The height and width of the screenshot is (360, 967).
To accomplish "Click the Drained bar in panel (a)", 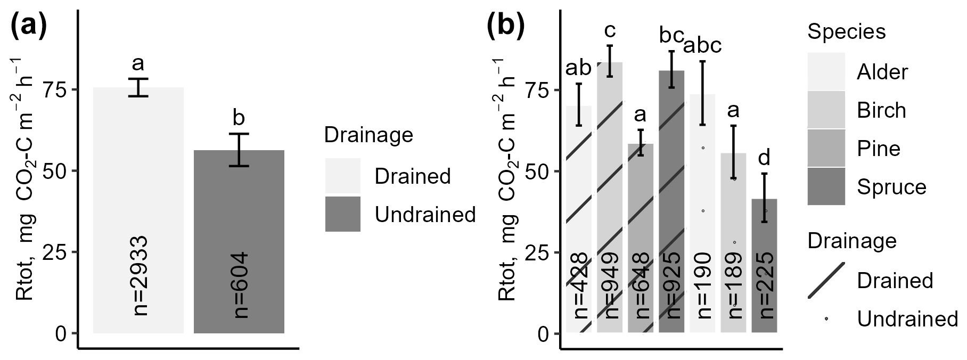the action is tap(138, 210).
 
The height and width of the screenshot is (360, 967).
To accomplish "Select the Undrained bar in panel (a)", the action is tap(239, 242).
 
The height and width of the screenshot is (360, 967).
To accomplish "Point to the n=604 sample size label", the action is tap(240, 285).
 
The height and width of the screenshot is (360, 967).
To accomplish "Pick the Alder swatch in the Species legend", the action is tap(826, 71).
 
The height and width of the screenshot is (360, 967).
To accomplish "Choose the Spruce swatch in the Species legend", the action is tap(826, 186).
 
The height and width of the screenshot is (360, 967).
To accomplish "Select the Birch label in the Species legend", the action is tap(881, 110).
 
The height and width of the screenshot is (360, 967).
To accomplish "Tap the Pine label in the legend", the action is tap(879, 149).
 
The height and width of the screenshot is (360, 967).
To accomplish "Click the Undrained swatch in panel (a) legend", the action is tap(343, 214).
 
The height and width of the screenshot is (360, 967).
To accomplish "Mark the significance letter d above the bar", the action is tap(764, 158).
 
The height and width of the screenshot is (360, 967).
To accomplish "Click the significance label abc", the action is tap(702, 46).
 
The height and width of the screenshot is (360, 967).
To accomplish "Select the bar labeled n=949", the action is tap(610, 198).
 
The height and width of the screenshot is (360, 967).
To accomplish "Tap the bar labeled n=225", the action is tap(764, 266).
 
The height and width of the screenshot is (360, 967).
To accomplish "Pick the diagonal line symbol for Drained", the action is tap(826, 280).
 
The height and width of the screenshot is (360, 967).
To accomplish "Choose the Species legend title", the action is tap(847, 32).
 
